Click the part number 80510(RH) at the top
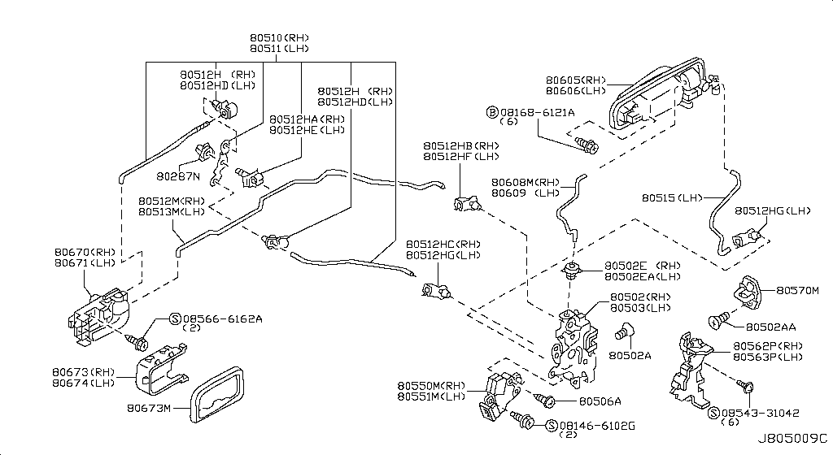click(x=279, y=37)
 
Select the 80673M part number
click(x=148, y=408)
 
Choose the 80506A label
click(x=600, y=401)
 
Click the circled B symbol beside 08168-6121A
click(x=491, y=111)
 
